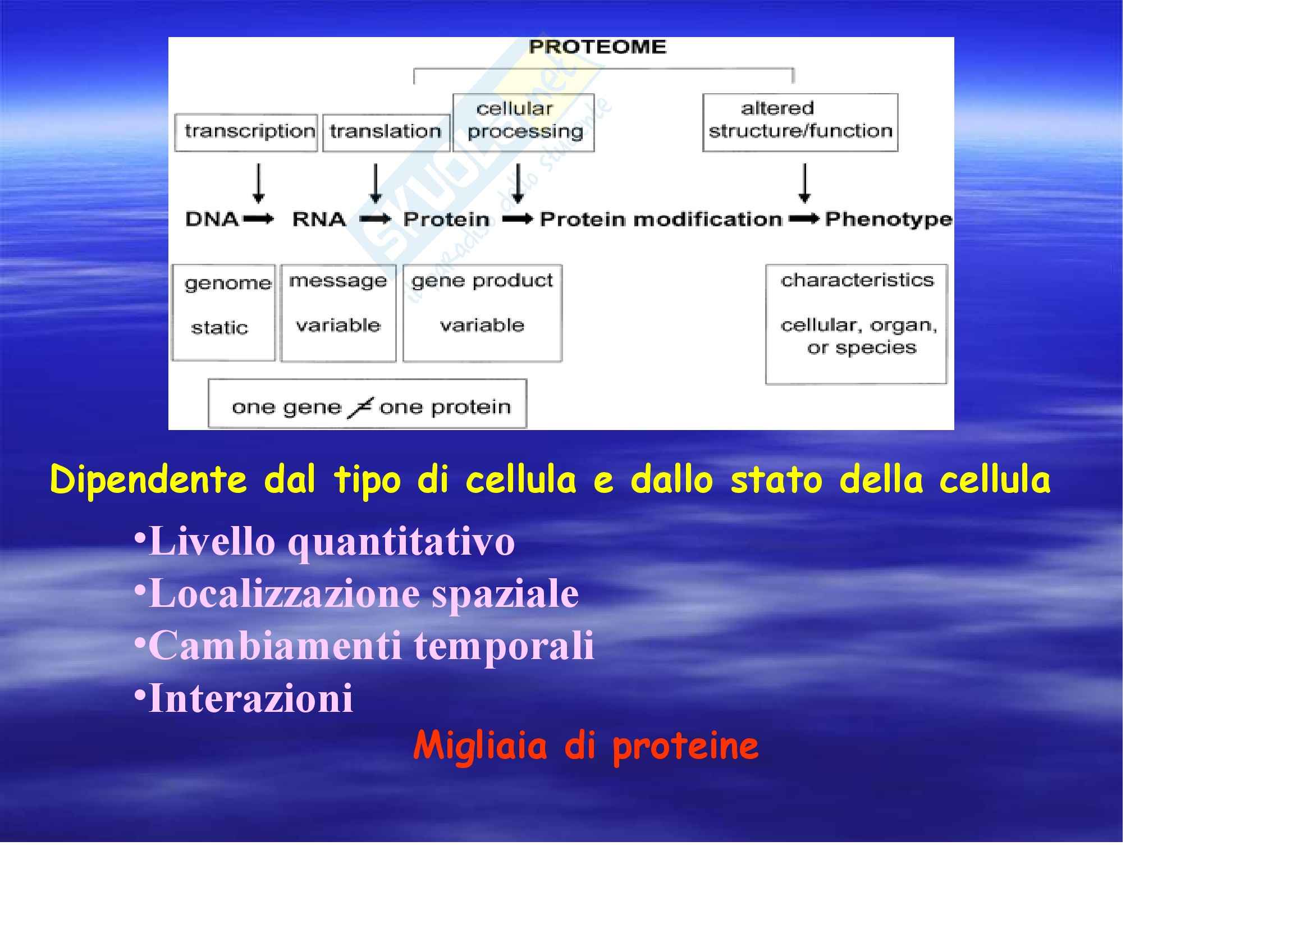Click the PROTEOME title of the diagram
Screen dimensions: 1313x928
[x=598, y=47]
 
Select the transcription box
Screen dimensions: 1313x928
[x=246, y=132]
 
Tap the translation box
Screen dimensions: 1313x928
[x=387, y=132]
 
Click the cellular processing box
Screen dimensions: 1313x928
[x=524, y=122]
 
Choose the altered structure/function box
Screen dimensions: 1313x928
[x=800, y=122]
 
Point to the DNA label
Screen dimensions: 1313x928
[x=212, y=219]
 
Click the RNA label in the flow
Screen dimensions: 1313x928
[x=319, y=219]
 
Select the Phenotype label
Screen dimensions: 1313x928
[x=888, y=220]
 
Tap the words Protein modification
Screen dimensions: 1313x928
[x=661, y=219]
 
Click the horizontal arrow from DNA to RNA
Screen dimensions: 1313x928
[x=259, y=219]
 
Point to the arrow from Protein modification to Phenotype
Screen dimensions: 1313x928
[x=804, y=219]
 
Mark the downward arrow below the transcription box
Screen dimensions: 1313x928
[x=258, y=184]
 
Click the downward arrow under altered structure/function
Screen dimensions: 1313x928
[x=804, y=184]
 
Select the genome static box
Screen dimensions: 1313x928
[x=223, y=312]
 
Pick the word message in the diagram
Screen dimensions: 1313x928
[x=338, y=281]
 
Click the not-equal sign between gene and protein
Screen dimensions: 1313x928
[x=361, y=407]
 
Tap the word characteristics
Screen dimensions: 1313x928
[x=857, y=280]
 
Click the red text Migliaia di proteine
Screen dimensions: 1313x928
[x=585, y=746]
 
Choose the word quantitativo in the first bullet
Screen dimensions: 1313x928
[x=401, y=542]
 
